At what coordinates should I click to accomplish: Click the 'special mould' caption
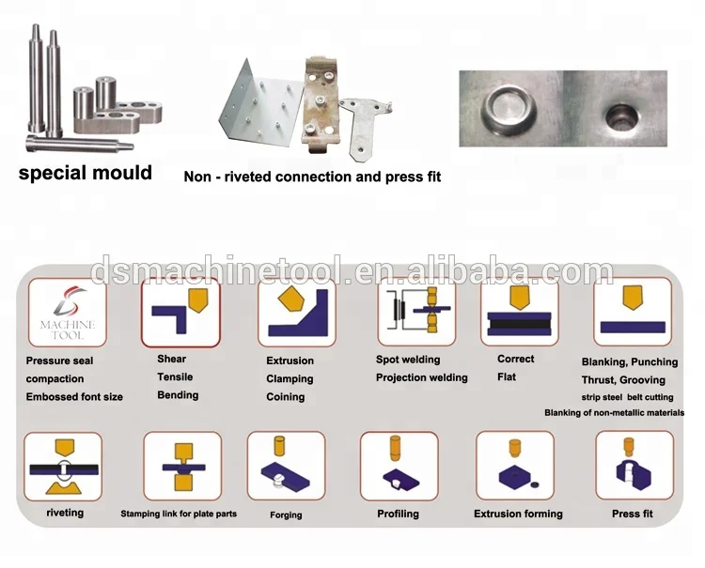[x=86, y=173]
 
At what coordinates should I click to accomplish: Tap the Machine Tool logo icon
[x=67, y=313]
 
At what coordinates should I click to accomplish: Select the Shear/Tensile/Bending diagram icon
[x=180, y=313]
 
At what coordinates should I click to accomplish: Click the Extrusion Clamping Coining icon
[x=296, y=313]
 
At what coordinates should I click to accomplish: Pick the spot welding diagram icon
[x=415, y=313]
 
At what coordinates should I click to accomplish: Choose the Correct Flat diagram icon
[x=520, y=313]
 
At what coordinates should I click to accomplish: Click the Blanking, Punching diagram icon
[x=632, y=313]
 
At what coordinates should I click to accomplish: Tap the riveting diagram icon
[x=63, y=466]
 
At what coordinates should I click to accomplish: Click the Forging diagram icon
[x=286, y=466]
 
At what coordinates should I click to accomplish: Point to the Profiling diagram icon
[x=399, y=466]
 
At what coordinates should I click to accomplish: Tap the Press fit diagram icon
[x=634, y=466]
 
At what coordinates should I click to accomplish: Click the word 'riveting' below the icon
[x=65, y=514]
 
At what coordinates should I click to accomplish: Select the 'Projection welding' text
[x=421, y=378]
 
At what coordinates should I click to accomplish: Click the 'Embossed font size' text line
[x=74, y=397]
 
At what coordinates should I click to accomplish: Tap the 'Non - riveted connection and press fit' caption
[x=312, y=177]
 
